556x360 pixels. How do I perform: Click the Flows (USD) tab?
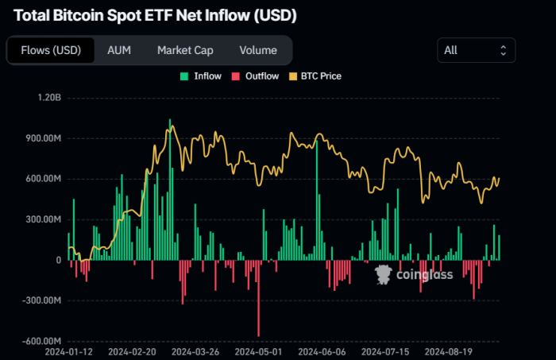(x=50, y=50)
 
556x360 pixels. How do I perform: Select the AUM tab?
(x=119, y=50)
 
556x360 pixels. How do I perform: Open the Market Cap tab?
(x=185, y=50)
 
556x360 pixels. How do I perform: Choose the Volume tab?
(x=258, y=50)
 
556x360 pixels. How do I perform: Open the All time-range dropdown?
(x=476, y=50)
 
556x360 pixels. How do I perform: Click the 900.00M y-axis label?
(x=43, y=138)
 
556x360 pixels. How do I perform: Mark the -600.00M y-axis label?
(x=41, y=341)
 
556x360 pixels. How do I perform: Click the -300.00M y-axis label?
(x=41, y=300)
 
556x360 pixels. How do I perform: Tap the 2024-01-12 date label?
(x=69, y=350)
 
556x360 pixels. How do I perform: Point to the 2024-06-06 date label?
(x=322, y=350)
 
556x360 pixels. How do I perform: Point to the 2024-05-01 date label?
(x=258, y=350)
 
